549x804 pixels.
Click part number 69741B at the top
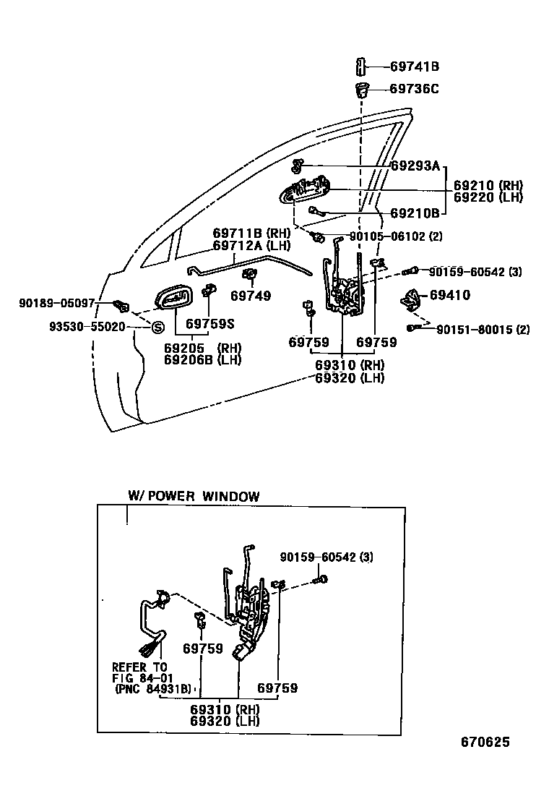coord(415,67)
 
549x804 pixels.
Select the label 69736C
coord(415,89)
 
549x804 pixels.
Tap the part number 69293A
coord(415,166)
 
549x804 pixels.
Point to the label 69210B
coord(415,213)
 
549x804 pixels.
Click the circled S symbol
coord(155,328)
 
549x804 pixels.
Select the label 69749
coord(251,295)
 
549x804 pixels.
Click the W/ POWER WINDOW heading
coord(193,496)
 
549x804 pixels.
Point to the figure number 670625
coord(485,743)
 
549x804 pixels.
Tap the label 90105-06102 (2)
coord(396,236)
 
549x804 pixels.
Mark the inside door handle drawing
coord(173,298)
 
